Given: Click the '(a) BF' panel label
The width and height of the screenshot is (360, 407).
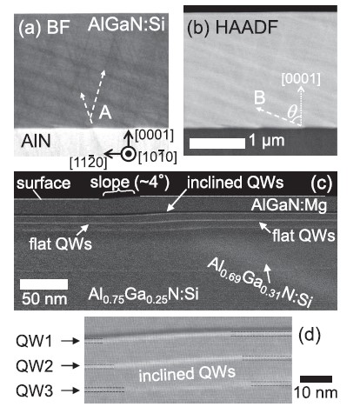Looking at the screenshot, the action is (44, 28).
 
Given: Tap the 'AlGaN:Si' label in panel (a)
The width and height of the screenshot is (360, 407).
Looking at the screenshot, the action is (127, 24).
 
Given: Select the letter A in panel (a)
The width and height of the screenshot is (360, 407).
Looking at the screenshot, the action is (105, 112).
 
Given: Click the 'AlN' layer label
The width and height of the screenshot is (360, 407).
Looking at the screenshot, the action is (36, 141).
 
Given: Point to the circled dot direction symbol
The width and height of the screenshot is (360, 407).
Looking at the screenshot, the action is (127, 154).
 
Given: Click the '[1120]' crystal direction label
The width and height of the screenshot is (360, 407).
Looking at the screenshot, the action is (88, 162).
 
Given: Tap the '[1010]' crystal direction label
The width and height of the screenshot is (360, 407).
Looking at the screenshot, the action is (157, 157).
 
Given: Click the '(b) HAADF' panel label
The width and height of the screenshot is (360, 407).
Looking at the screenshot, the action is (232, 28).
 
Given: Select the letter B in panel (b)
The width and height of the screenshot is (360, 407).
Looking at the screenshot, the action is (260, 97).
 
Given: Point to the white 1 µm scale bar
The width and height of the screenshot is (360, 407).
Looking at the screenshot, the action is (217, 143).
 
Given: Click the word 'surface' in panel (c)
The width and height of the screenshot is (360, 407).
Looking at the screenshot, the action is (43, 183).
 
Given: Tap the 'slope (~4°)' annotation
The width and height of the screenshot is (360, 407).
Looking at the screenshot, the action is (130, 183).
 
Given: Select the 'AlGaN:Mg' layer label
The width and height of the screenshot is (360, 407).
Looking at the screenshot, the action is (289, 205).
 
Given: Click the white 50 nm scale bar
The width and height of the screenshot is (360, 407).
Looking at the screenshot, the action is (43, 284).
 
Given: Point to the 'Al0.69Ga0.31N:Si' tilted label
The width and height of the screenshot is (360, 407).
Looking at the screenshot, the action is (259, 282).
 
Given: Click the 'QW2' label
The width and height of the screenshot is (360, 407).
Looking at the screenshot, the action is (35, 366).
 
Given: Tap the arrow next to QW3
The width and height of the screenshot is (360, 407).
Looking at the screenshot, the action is (70, 391).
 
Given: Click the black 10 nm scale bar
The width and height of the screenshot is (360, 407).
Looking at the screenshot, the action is (316, 379).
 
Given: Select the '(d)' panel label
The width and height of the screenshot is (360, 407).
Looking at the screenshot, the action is (310, 335).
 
